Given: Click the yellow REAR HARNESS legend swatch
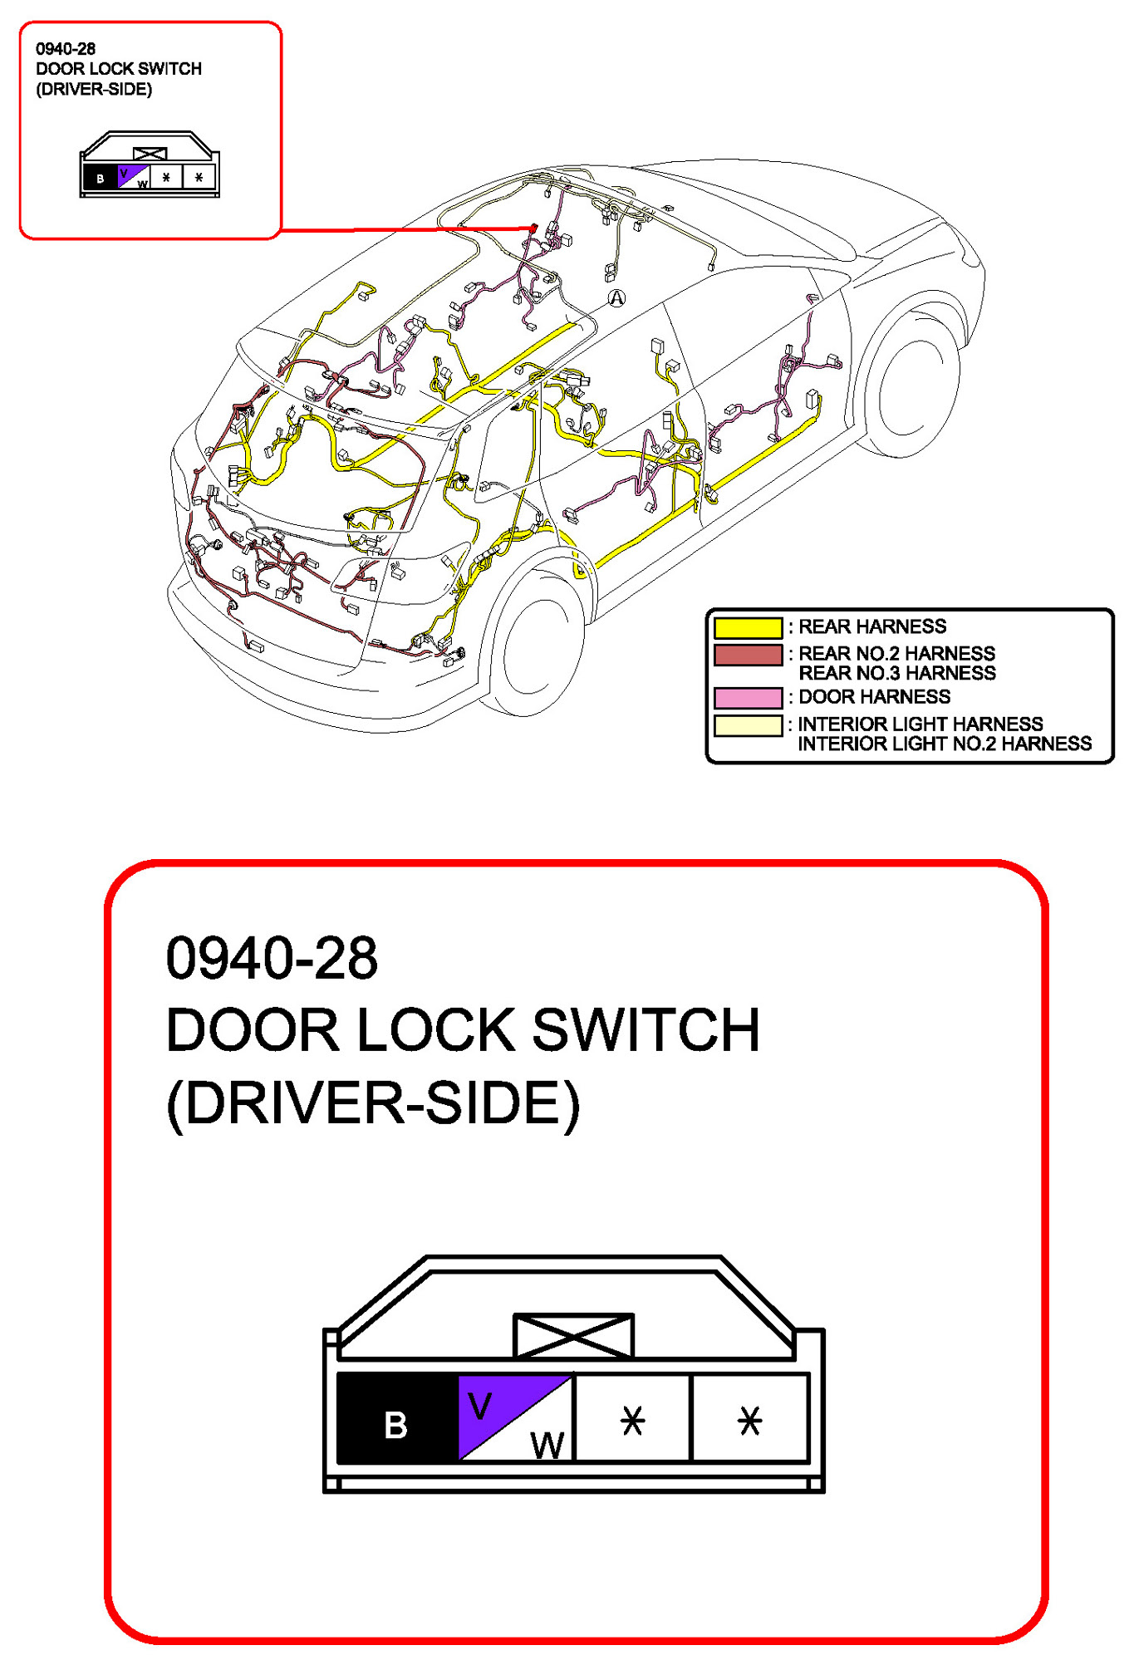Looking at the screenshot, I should (x=748, y=627).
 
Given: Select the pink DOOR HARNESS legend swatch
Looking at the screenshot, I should (x=748, y=697).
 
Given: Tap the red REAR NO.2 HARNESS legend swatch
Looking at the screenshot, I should (x=748, y=655).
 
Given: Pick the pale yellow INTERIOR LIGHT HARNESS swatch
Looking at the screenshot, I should (x=748, y=725).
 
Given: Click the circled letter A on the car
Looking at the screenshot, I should (x=616, y=298).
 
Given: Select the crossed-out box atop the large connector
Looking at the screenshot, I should (x=573, y=1335).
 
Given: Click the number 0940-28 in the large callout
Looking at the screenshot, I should (x=272, y=958).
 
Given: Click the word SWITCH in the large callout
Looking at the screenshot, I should (x=646, y=1030).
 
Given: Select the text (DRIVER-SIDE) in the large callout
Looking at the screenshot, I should (x=373, y=1103).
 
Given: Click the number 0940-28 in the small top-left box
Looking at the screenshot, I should (x=66, y=49).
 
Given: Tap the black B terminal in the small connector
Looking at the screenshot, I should (x=101, y=178).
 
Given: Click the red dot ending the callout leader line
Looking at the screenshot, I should (x=533, y=227).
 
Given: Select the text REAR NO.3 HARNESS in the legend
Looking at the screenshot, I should (x=896, y=673).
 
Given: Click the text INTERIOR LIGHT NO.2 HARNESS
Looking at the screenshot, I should (x=945, y=744).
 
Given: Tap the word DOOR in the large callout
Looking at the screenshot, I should (x=253, y=1030).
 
